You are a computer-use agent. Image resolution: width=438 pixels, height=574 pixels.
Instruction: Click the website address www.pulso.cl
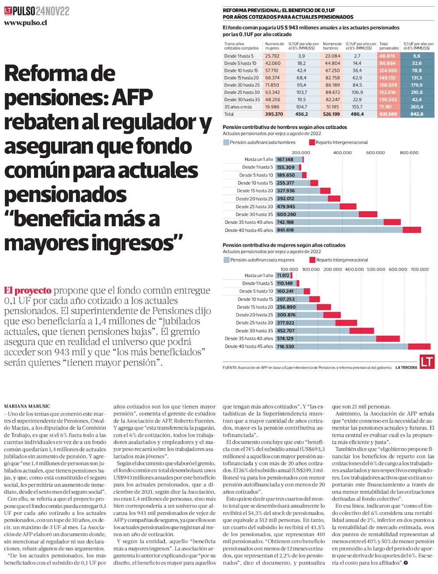[x=25, y=22]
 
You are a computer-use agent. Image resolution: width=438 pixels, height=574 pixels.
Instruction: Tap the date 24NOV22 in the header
[x=53, y=11]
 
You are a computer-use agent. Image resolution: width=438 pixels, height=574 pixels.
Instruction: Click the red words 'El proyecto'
[x=28, y=291]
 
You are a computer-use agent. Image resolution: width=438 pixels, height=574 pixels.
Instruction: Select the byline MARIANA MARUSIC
[x=27, y=406]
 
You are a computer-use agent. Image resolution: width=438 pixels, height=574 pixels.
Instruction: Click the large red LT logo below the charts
[x=426, y=361]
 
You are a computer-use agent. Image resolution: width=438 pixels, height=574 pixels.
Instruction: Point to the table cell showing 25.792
[x=272, y=56]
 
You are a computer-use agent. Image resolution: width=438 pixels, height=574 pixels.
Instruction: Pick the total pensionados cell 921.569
[x=388, y=114]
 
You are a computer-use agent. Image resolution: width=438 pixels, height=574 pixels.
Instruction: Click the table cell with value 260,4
[x=417, y=107]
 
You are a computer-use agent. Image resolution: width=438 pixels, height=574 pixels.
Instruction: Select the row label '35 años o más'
[x=238, y=107]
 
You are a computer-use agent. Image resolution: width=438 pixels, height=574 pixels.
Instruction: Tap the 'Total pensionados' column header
[x=389, y=46]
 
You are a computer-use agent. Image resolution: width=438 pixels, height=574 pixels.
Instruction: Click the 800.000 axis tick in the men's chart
[x=409, y=152]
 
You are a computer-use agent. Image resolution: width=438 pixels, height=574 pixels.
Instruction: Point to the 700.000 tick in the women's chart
[x=419, y=269]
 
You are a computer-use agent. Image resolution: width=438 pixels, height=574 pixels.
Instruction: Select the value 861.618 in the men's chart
[x=285, y=230]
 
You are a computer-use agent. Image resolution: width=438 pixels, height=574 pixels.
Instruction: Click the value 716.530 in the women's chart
[x=285, y=347]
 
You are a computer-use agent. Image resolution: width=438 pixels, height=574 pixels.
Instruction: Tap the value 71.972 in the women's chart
[x=283, y=276]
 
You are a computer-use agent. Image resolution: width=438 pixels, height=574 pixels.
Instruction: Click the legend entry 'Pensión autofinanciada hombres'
[x=262, y=142]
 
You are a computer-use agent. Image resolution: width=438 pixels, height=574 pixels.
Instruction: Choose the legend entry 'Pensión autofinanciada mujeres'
[x=262, y=260]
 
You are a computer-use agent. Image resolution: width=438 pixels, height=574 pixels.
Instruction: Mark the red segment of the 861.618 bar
[x=412, y=230]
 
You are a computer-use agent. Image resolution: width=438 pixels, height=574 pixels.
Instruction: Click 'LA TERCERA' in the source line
[x=406, y=368]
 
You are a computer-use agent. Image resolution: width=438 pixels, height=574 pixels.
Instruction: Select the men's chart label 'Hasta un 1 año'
[x=258, y=159]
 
